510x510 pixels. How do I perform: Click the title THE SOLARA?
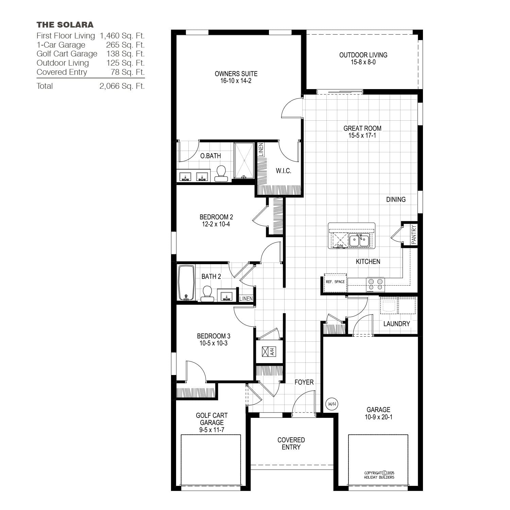point(65,24)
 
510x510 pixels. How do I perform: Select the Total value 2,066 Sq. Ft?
point(122,86)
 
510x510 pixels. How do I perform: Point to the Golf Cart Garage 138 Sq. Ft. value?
point(125,54)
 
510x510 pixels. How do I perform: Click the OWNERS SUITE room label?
point(236,73)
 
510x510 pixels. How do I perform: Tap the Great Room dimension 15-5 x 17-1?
point(362,135)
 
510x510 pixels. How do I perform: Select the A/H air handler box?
point(269,352)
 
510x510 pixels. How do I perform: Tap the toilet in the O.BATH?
point(221,174)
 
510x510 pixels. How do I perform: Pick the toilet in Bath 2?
point(207,294)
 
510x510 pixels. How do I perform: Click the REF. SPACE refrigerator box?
point(335,283)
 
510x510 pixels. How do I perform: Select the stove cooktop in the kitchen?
point(375,285)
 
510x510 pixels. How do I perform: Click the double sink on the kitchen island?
point(359,240)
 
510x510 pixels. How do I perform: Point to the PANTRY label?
point(414,234)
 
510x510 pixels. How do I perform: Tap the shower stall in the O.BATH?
point(244,160)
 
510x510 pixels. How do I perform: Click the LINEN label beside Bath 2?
point(246,299)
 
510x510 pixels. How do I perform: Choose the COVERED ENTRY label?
point(291,443)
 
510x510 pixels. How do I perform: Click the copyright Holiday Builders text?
point(379,475)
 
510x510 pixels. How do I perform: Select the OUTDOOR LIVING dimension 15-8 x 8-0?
point(363,62)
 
